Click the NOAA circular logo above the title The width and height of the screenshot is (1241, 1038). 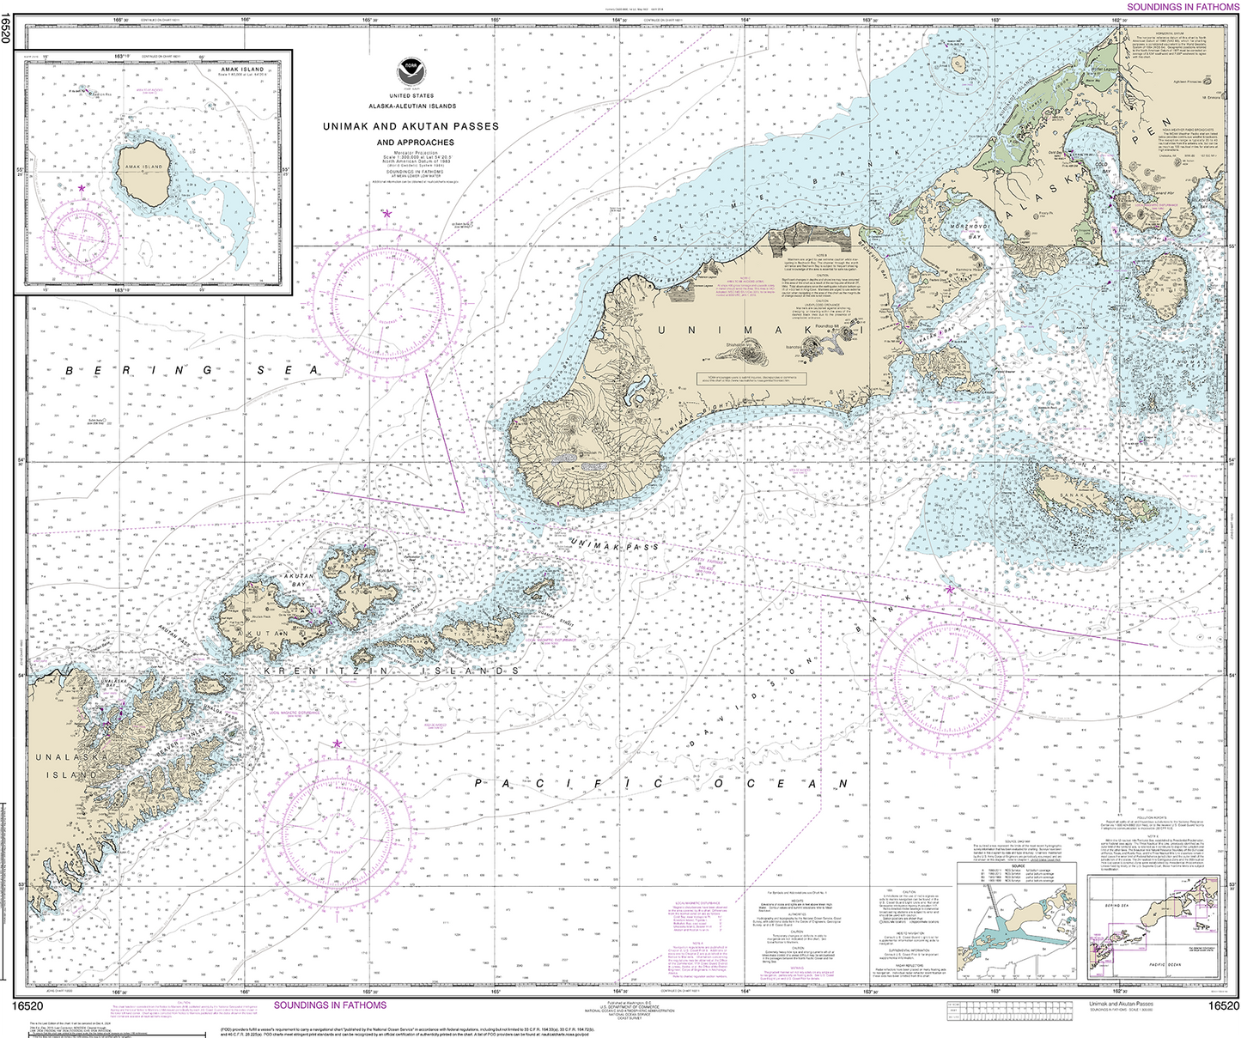click(411, 71)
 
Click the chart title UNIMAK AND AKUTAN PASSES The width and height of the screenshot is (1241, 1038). click(411, 126)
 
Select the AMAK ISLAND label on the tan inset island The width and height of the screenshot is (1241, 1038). click(143, 167)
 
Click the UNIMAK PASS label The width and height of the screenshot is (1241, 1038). click(614, 543)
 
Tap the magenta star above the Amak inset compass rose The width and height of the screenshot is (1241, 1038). click(82, 187)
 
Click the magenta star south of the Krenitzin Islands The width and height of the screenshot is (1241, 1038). click(337, 744)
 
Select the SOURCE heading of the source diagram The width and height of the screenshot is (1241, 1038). click(1019, 866)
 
